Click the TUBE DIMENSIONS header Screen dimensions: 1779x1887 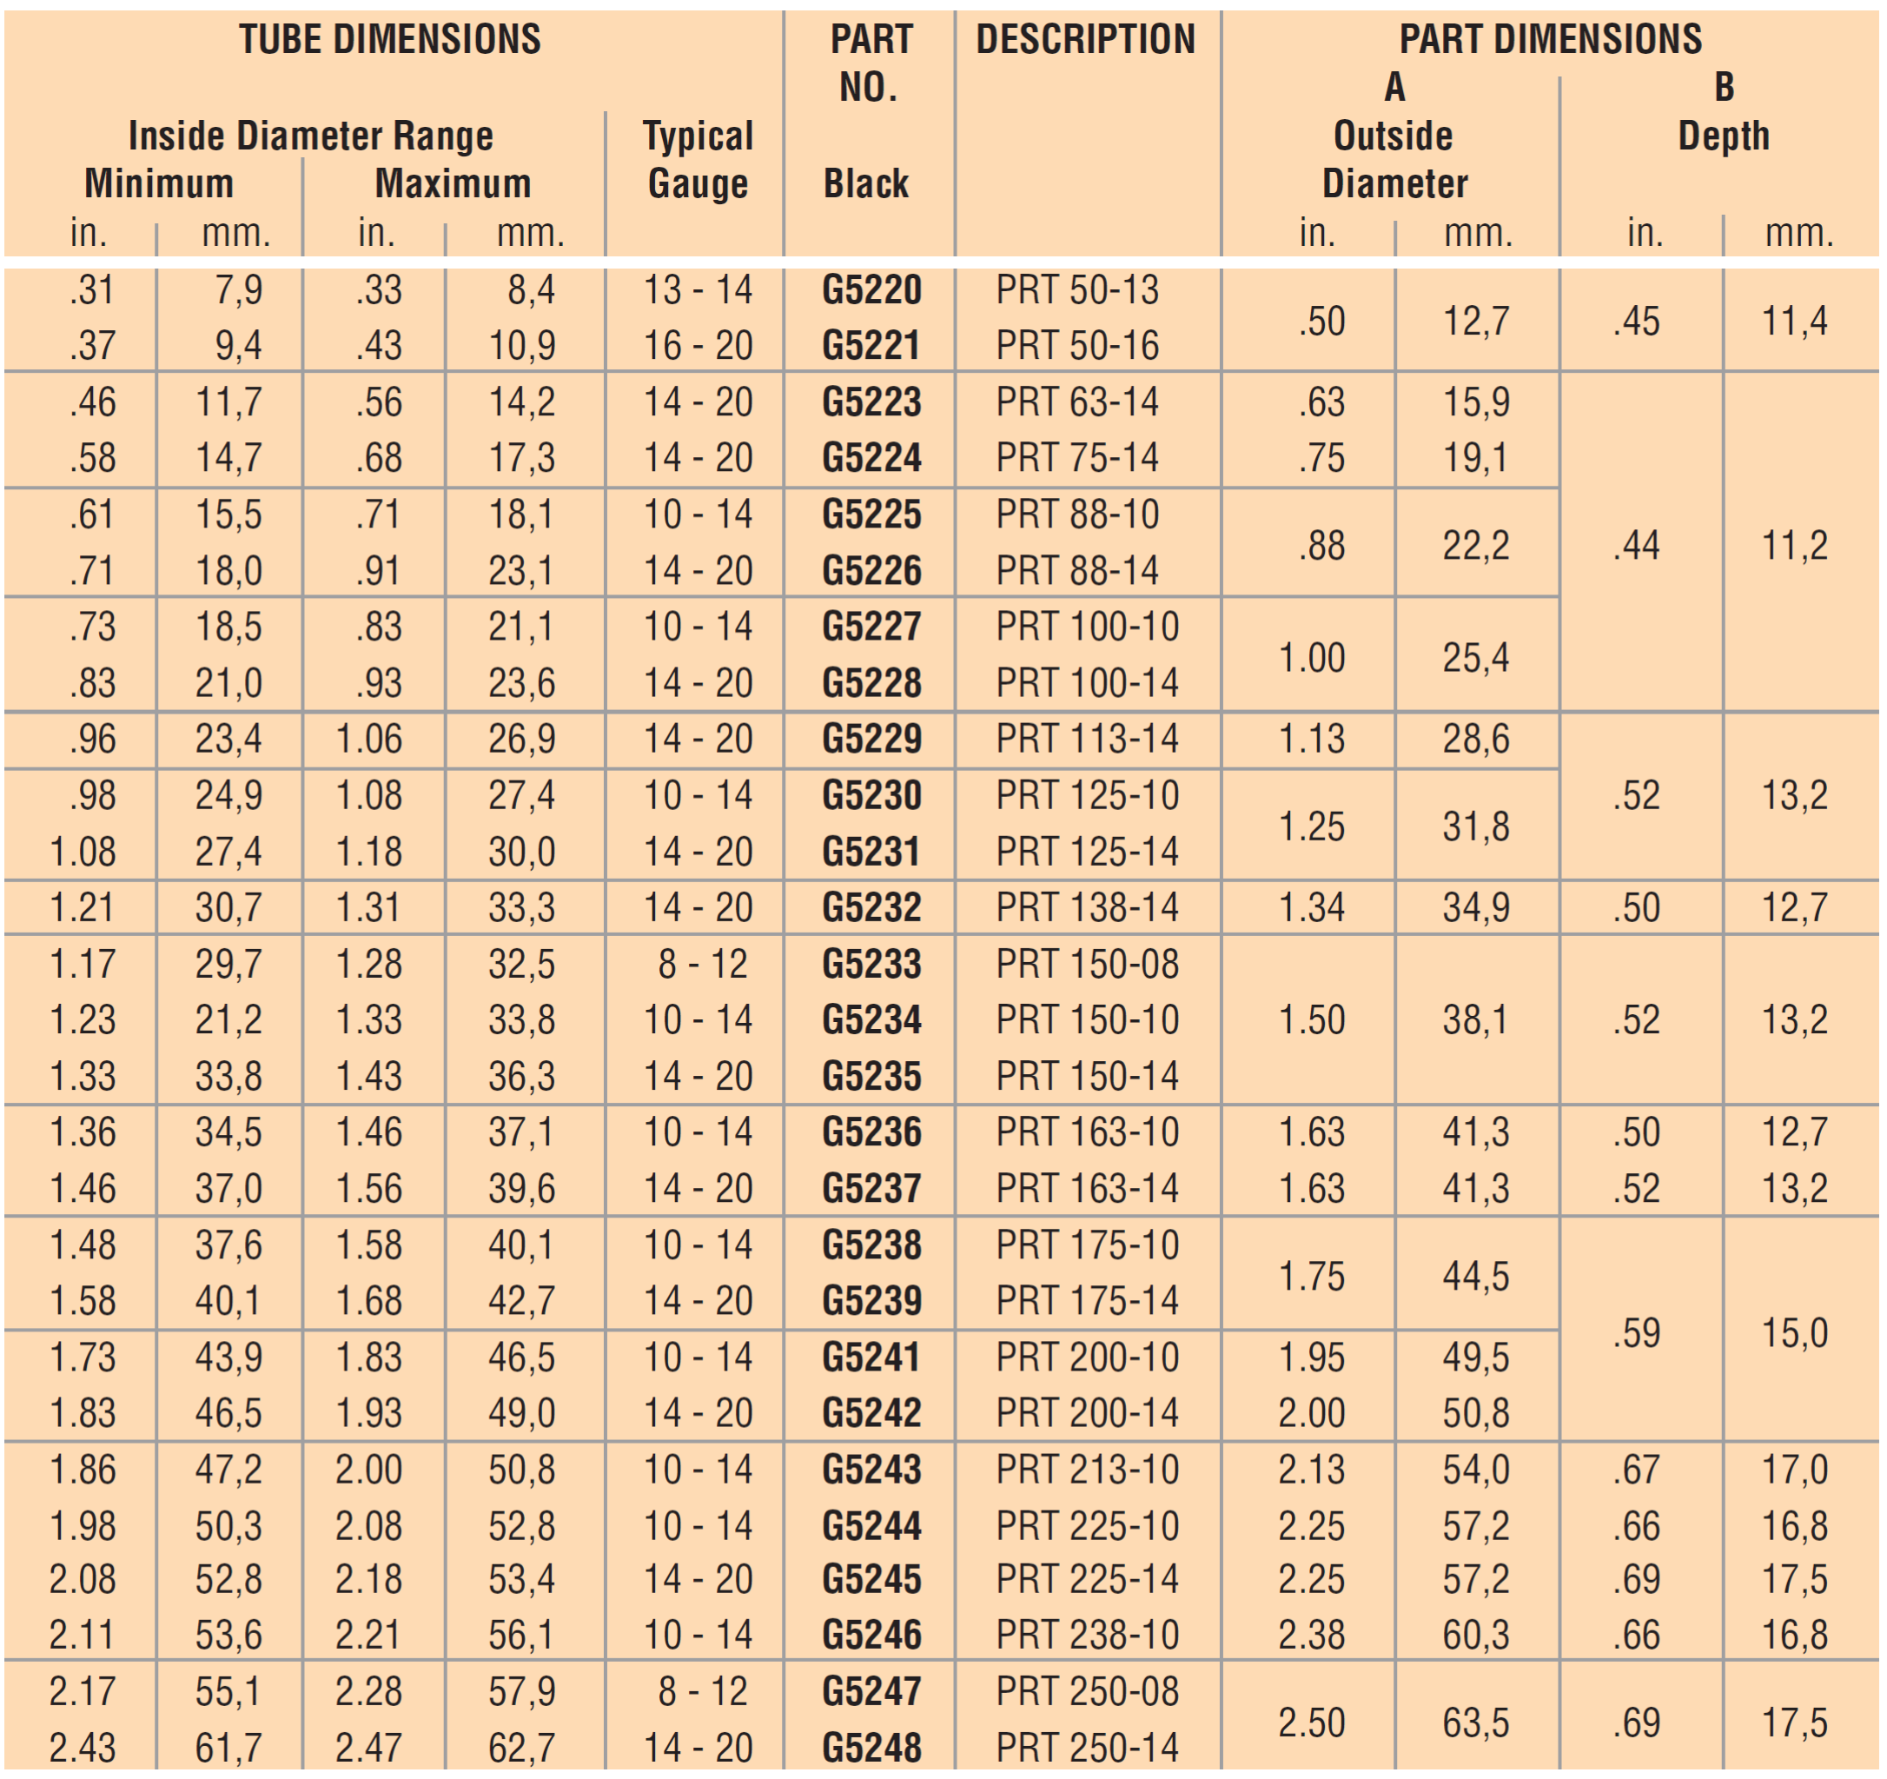389,40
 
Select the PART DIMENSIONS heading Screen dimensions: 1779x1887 1550,40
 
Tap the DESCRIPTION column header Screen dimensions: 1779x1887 1086,40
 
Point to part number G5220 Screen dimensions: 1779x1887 871,290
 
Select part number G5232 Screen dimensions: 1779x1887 871,908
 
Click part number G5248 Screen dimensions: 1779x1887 871,1748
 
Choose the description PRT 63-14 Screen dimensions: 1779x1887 1077,402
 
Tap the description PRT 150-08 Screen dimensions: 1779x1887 1087,965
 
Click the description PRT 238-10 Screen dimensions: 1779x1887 1087,1636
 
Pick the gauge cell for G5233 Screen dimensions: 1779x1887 702,965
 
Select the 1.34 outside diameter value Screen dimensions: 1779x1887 1312,908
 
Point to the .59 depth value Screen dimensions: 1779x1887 1637,1334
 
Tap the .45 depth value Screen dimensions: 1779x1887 1637,322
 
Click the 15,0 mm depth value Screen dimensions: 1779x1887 1795,1334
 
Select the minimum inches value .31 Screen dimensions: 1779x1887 92,290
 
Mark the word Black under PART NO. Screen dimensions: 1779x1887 865,184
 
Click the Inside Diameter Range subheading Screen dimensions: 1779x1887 310,136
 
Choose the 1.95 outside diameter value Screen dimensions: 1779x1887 1312,1358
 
